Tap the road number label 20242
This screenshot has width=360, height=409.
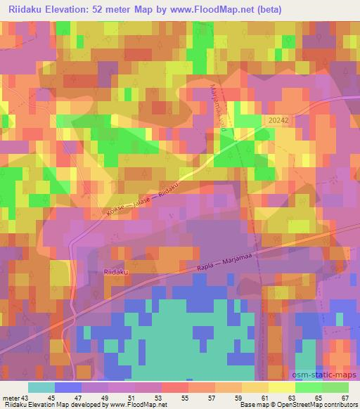(x=278, y=121)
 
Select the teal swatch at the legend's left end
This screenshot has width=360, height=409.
(x=41, y=387)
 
